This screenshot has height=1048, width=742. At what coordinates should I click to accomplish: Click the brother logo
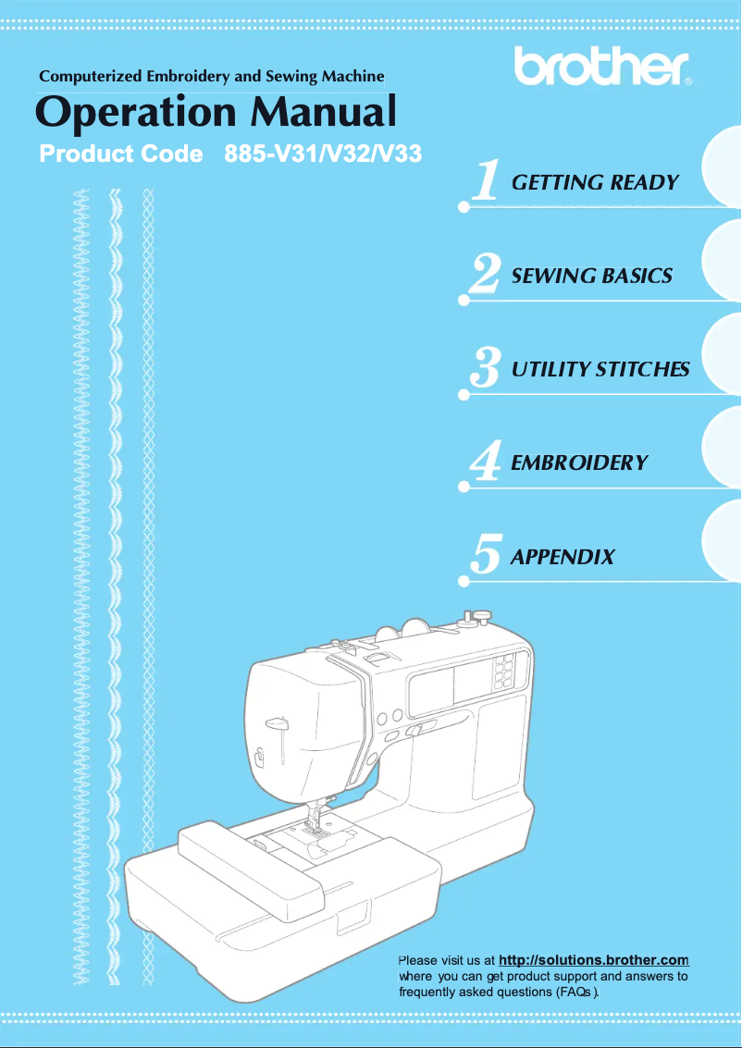pos(602,66)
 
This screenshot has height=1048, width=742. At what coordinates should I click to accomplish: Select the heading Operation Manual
pos(216,113)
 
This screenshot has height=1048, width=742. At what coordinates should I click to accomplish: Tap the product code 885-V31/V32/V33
pos(324,154)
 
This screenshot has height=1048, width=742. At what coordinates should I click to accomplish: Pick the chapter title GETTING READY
pos(595,182)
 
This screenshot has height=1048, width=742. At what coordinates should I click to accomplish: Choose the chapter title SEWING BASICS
pos(591,276)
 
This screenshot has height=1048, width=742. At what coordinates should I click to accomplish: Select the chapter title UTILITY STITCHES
pos(600,370)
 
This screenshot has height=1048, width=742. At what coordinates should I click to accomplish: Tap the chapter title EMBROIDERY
pos(579,462)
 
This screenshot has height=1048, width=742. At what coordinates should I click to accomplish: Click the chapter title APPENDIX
pos(563,557)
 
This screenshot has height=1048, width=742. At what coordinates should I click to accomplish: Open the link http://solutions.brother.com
pos(593,960)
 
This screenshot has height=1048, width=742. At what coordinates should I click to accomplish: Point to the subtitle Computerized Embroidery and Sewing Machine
pos(211,77)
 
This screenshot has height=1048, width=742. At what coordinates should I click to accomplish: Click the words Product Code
pos(121,154)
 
